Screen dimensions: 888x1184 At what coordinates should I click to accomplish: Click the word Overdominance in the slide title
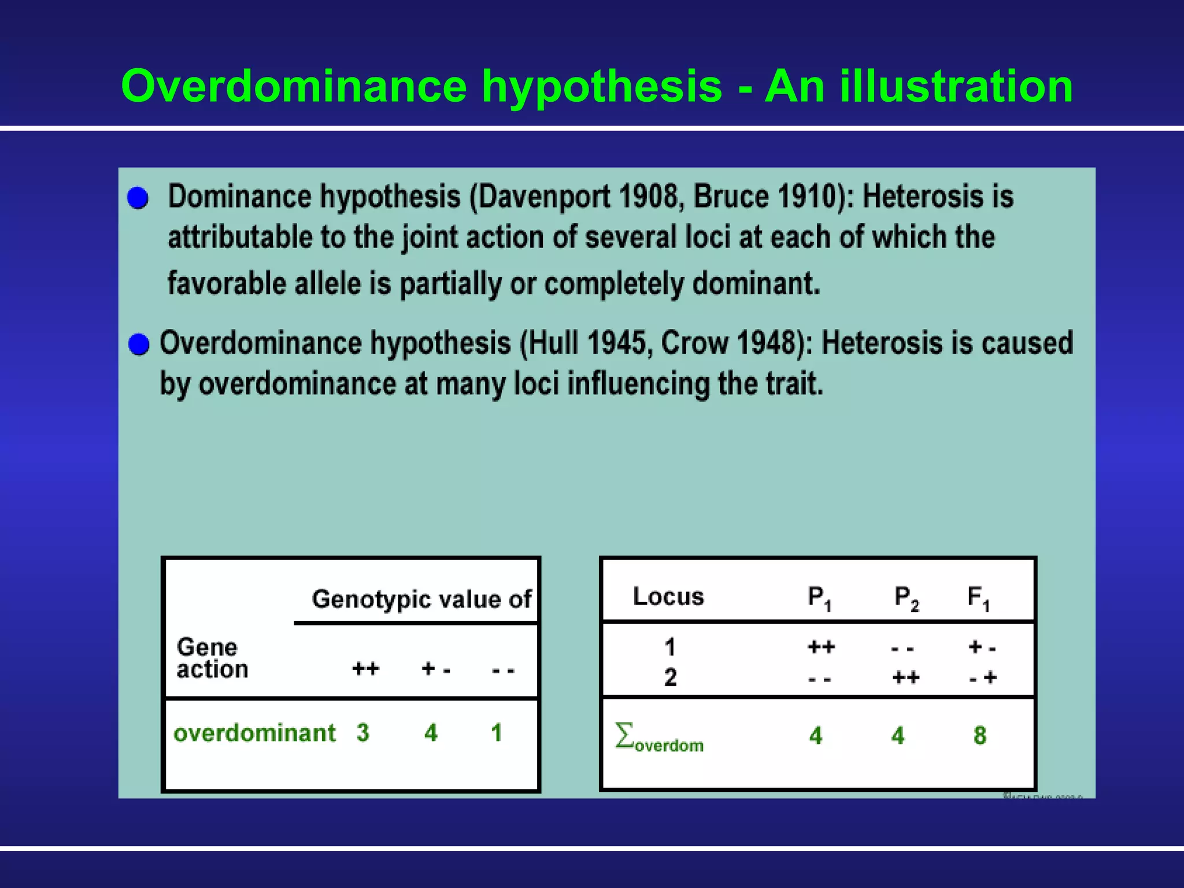tap(293, 87)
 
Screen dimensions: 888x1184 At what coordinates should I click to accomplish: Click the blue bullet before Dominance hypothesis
tap(138, 198)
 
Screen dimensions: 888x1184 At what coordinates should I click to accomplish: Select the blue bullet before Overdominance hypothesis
tap(139, 345)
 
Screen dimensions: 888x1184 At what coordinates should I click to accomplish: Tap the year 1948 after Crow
tap(768, 343)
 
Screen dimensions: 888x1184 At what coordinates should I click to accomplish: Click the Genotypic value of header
tap(421, 600)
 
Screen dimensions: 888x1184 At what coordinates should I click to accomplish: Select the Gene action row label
tap(212, 658)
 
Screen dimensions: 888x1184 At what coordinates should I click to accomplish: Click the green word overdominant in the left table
tap(254, 733)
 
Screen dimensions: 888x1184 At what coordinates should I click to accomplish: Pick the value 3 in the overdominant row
tap(362, 733)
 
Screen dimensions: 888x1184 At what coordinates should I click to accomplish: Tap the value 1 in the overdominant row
tap(496, 733)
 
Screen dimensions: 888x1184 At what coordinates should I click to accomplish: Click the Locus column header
tap(668, 597)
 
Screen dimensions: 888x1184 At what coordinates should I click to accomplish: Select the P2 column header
tap(906, 598)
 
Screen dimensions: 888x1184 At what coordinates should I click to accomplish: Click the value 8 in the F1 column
tap(979, 736)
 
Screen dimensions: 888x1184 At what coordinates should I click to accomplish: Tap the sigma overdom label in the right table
tap(659, 738)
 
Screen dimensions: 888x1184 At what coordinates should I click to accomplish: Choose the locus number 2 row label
tap(670, 678)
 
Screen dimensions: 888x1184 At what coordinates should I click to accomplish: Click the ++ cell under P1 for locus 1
tap(821, 647)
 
